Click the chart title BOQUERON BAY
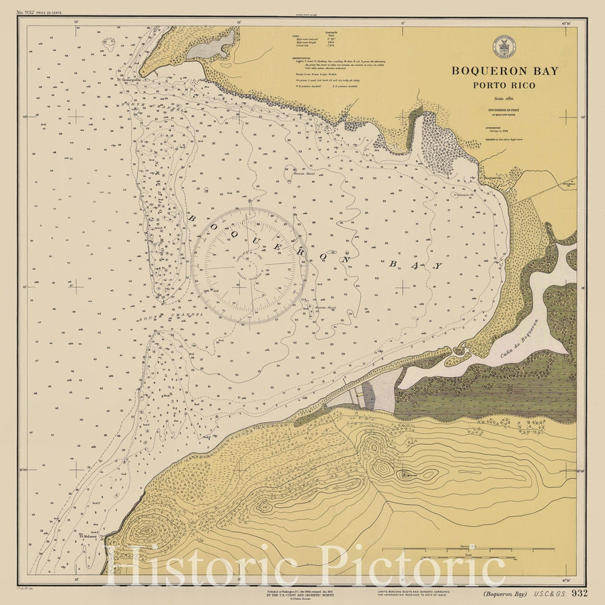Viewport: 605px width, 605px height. tap(504, 71)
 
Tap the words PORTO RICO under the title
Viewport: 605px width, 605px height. tap(504, 85)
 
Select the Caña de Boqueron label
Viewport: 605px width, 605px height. tap(520, 339)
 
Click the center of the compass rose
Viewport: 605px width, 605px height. tap(250, 265)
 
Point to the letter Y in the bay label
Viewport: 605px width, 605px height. tap(438, 266)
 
